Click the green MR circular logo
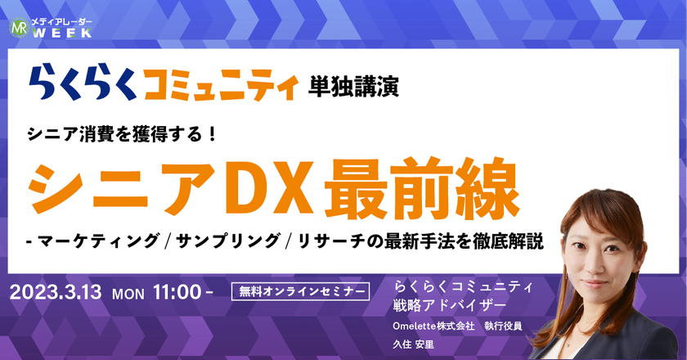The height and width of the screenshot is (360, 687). (x=19, y=28)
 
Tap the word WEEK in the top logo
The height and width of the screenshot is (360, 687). (x=62, y=33)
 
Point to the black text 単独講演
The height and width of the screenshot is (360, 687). (x=353, y=86)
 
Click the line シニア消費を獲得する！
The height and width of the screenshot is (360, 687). (x=123, y=133)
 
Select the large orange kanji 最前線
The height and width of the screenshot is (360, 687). (x=422, y=188)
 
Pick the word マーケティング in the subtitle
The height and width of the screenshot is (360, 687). (x=98, y=241)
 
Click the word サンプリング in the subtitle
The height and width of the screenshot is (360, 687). (x=227, y=241)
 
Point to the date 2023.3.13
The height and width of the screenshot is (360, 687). (x=56, y=292)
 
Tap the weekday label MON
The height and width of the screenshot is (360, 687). (x=128, y=294)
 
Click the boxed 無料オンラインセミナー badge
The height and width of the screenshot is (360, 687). (x=301, y=291)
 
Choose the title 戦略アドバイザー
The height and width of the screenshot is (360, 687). (x=450, y=305)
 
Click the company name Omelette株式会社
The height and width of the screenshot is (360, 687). (x=433, y=326)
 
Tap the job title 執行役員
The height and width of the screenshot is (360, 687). (x=503, y=326)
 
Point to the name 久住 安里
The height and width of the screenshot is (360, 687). (x=413, y=344)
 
